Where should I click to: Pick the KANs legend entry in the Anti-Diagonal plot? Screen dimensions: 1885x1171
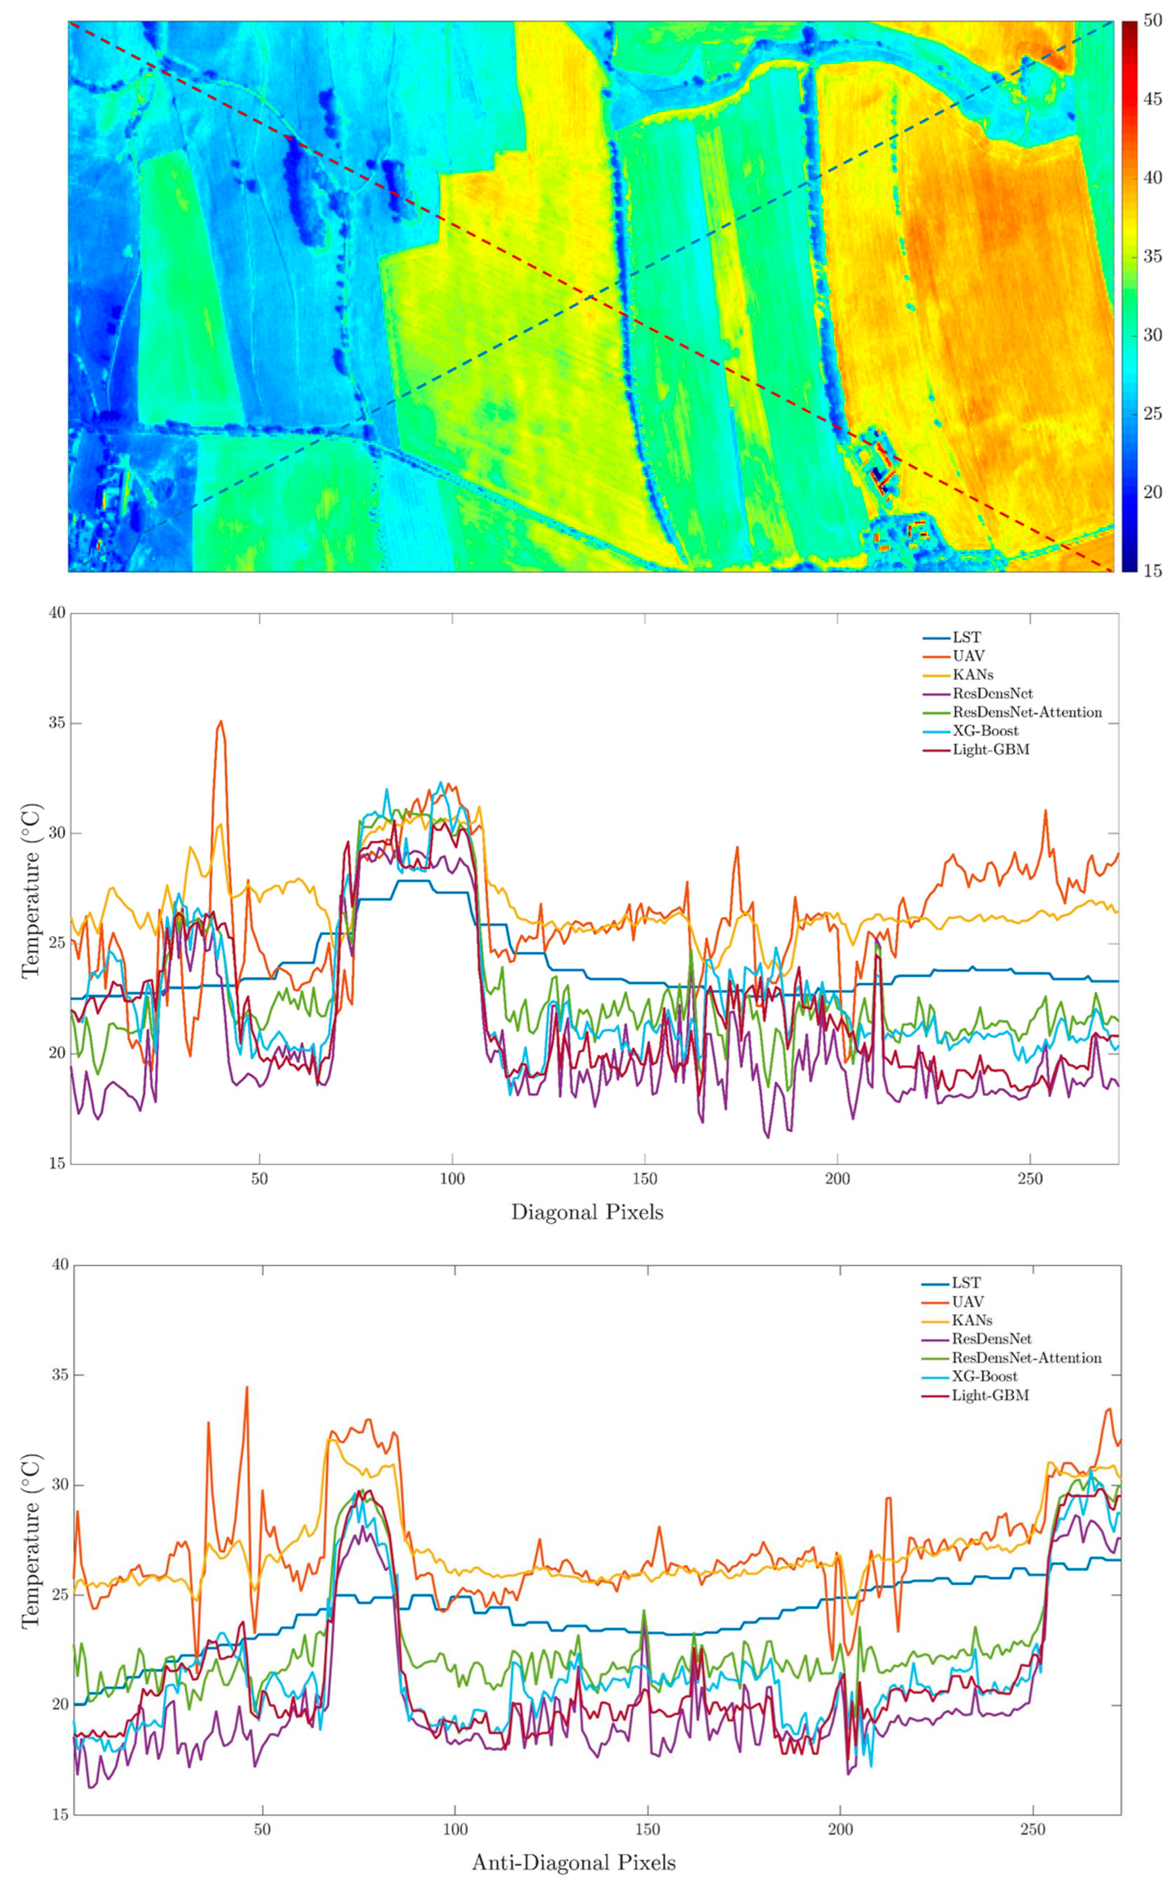click(972, 1319)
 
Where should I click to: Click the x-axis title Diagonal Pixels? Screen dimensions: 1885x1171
click(587, 1212)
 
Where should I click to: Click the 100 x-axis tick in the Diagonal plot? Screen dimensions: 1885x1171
click(452, 1180)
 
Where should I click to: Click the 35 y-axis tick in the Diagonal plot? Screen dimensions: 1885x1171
click(56, 723)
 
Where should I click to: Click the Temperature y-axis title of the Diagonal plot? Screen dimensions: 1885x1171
click(31, 888)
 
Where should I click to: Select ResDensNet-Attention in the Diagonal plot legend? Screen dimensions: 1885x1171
click(1026, 712)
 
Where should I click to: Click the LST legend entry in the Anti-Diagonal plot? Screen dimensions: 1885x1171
click(966, 1282)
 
